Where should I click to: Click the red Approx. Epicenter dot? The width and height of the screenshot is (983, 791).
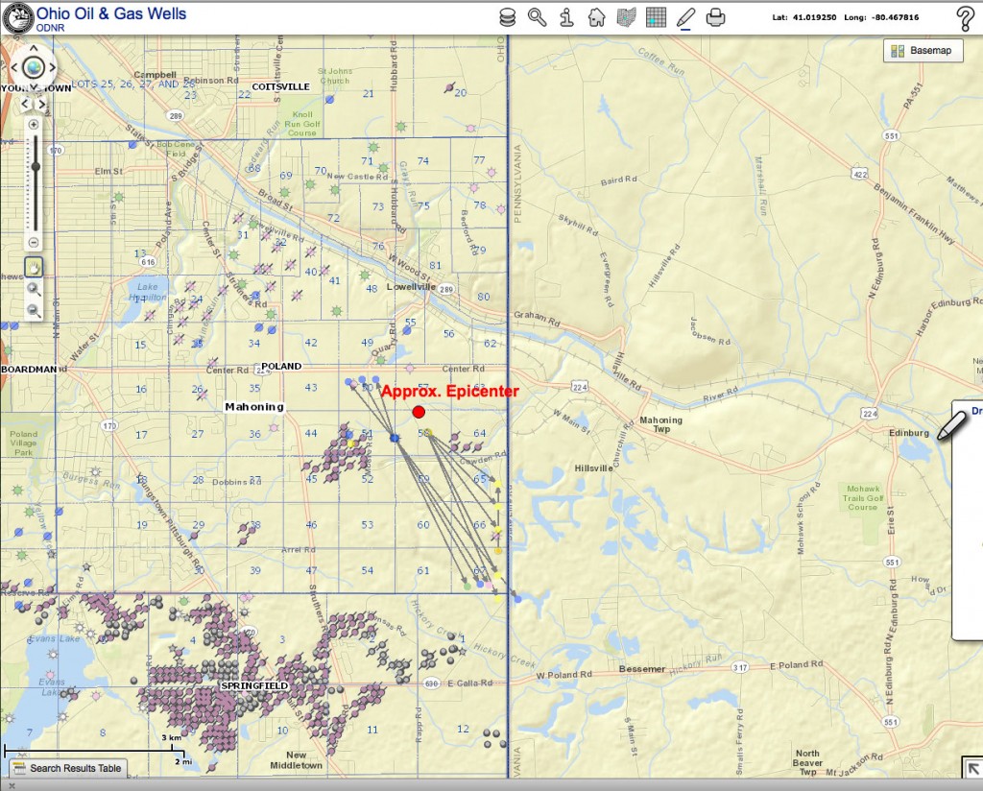[419, 412]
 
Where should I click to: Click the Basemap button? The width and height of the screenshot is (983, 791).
[923, 51]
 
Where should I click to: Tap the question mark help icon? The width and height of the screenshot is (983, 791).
[965, 17]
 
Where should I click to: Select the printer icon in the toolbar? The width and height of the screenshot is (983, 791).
[715, 17]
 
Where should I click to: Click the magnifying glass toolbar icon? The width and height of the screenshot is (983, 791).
[537, 17]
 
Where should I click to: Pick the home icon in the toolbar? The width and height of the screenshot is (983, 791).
[596, 17]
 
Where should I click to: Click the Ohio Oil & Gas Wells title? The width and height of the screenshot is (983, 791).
[111, 13]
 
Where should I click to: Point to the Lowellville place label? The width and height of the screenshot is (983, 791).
[411, 286]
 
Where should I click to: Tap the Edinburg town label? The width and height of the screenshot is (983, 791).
[909, 433]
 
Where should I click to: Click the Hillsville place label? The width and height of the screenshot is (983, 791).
[592, 467]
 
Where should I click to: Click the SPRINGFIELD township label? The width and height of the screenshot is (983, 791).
[254, 686]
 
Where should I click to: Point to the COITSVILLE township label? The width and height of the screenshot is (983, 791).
[280, 86]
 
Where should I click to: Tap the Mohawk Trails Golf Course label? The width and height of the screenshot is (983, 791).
[862, 497]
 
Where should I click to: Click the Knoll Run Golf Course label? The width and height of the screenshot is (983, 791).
[301, 124]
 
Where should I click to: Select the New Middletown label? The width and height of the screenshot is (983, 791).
[296, 760]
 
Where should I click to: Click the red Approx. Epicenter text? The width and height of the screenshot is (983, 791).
[449, 392]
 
